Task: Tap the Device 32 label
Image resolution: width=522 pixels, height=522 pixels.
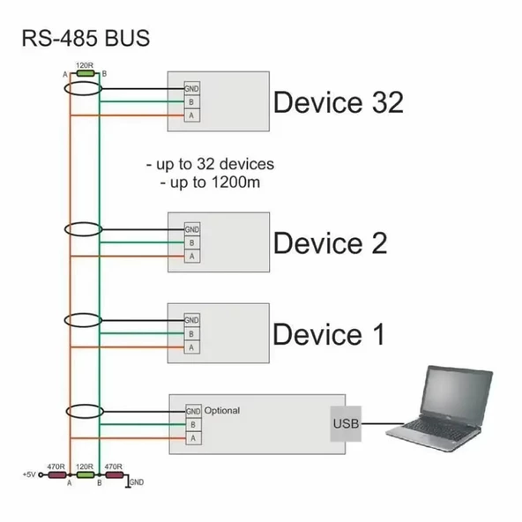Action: click(x=338, y=102)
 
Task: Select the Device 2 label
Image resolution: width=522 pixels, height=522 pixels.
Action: click(x=330, y=242)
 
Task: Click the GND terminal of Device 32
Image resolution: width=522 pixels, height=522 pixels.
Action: click(x=191, y=89)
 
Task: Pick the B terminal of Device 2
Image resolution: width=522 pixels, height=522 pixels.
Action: click(x=191, y=242)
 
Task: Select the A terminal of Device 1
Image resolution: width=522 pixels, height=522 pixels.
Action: click(x=191, y=347)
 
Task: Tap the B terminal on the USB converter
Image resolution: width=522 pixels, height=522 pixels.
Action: click(x=192, y=424)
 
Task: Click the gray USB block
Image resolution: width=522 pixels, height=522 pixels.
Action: click(x=346, y=424)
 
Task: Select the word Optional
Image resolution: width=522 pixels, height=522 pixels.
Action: click(x=222, y=411)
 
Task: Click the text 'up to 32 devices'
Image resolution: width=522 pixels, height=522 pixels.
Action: click(x=210, y=165)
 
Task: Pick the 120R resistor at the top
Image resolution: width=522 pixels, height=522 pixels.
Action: click(x=86, y=73)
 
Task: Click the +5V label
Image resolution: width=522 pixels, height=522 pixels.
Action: click(x=27, y=475)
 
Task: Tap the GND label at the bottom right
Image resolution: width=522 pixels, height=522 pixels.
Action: click(x=136, y=482)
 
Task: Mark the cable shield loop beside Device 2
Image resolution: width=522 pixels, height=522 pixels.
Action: click(x=86, y=229)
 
